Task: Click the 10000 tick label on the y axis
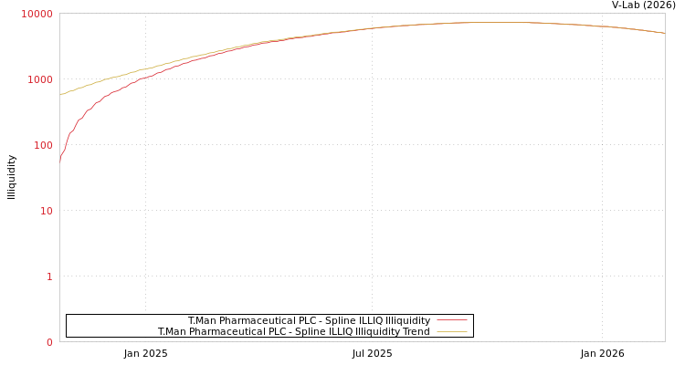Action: (37, 14)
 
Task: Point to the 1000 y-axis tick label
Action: (40, 79)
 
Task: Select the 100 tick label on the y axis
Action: (43, 145)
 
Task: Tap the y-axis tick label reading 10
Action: (46, 211)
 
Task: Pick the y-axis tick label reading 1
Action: (49, 276)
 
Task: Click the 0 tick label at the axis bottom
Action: (49, 342)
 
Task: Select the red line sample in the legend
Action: (451, 320)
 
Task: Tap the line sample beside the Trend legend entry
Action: (451, 331)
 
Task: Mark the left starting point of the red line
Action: (60, 162)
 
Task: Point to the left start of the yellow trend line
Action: (60, 95)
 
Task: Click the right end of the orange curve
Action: (664, 33)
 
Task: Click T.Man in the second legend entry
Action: (172, 331)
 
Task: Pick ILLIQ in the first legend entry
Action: (356, 320)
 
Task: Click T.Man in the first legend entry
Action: (202, 320)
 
